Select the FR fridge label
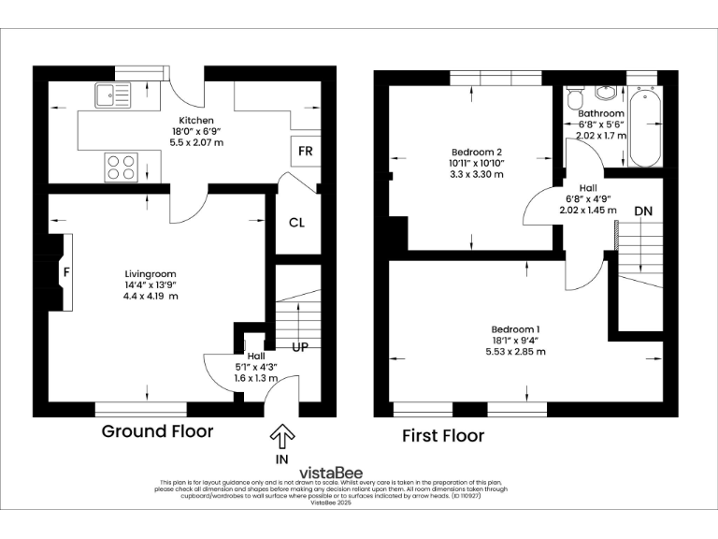(305, 151)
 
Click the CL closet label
(296, 223)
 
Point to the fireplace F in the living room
(65, 272)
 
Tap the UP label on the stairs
(301, 347)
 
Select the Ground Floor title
(157, 431)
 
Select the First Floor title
(443, 435)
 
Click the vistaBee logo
(331, 473)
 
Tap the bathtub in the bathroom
(644, 129)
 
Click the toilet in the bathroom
(575, 97)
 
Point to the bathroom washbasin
(607, 93)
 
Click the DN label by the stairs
(643, 211)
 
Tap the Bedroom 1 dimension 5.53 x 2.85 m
(515, 351)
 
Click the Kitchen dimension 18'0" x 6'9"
(195, 132)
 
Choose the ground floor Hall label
(255, 356)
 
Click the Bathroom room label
(600, 114)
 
